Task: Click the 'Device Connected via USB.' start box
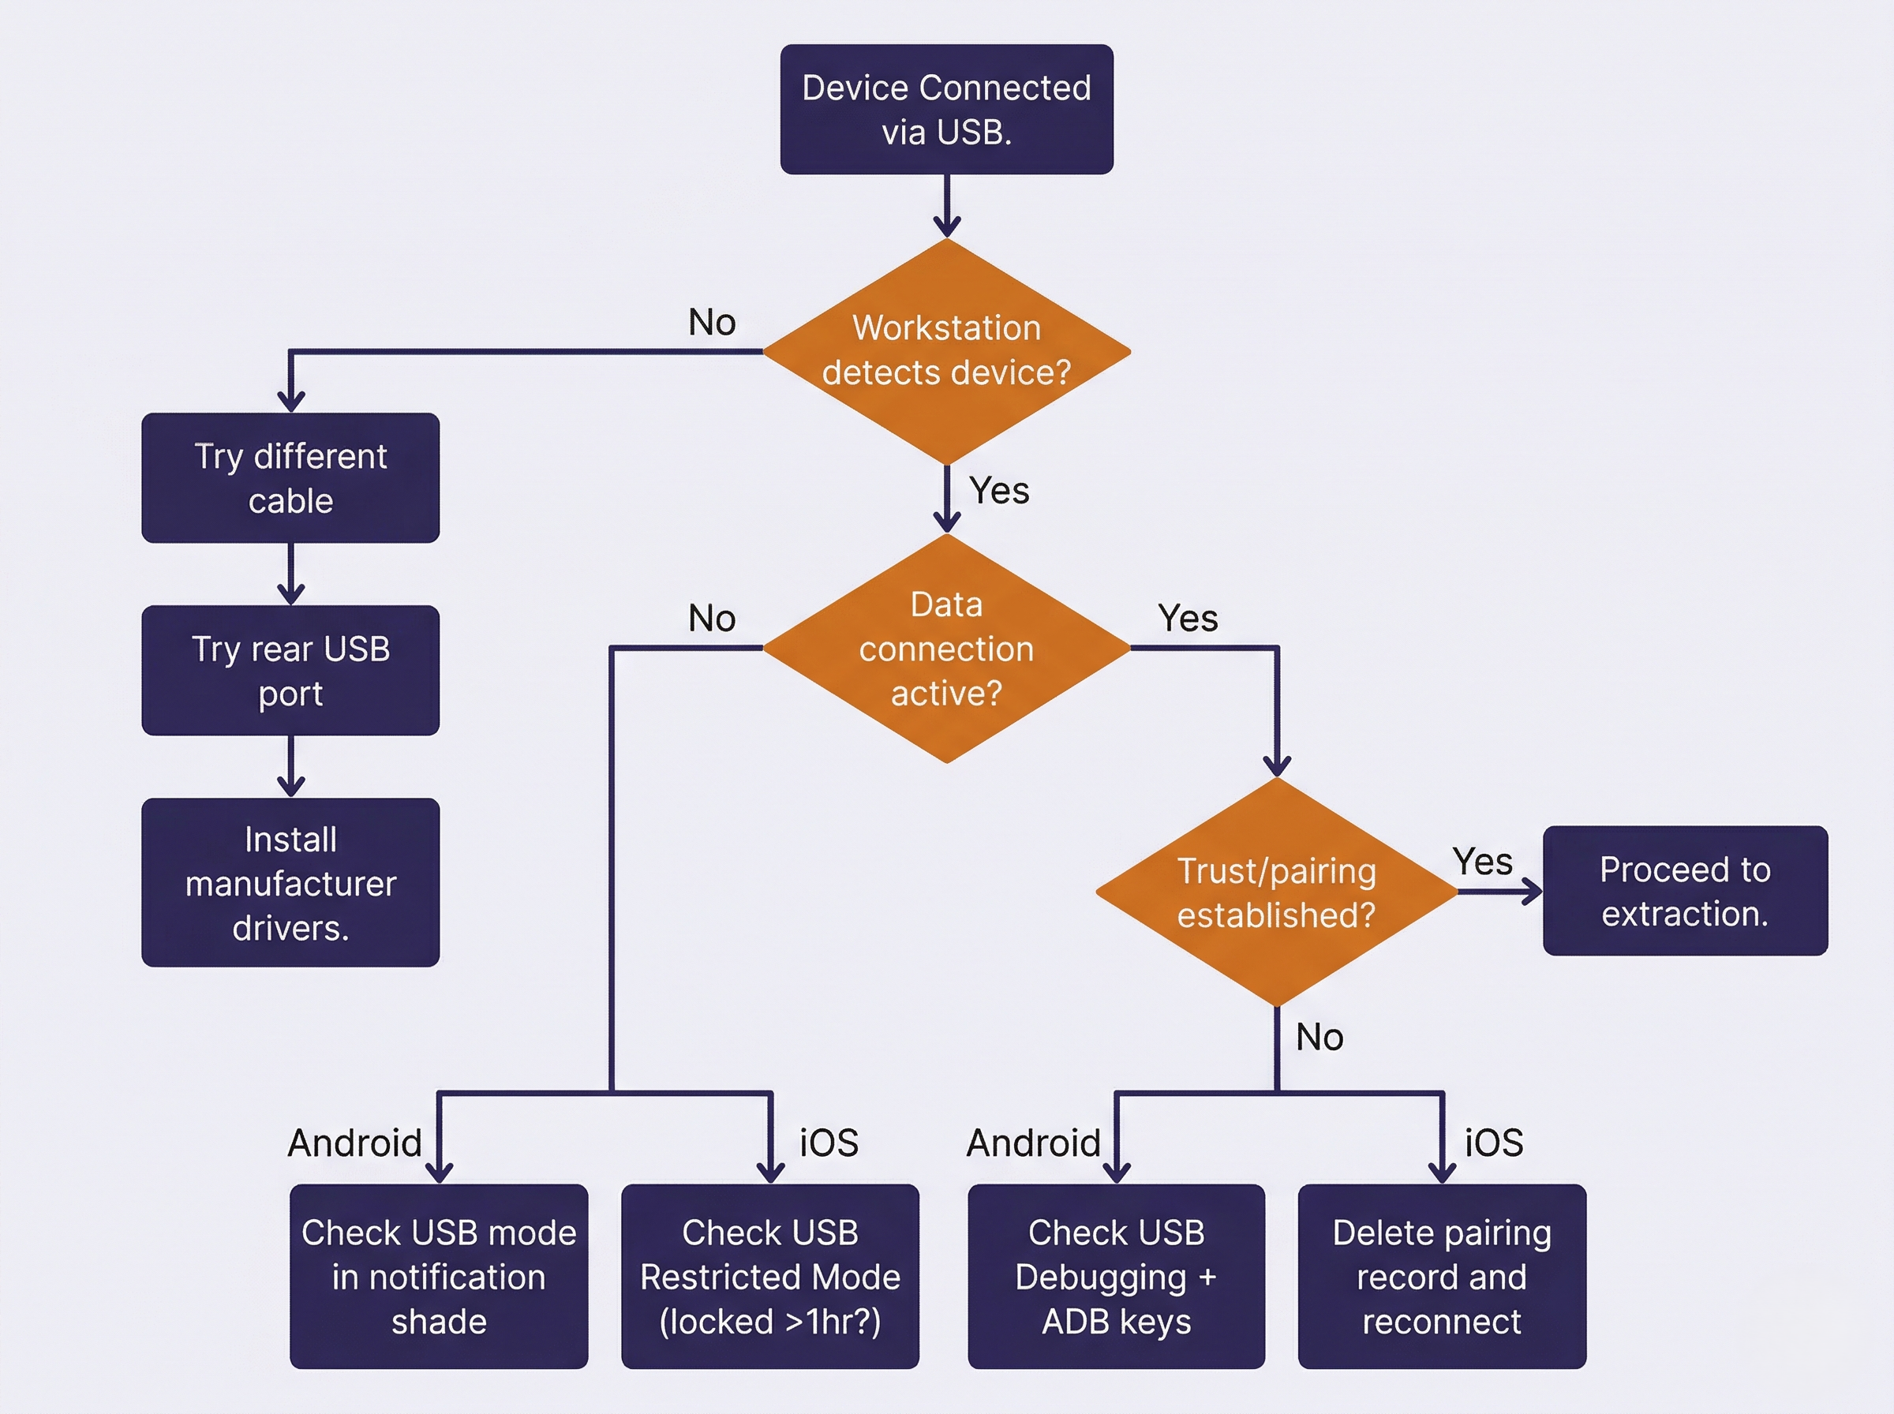coord(946,110)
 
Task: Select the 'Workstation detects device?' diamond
coord(946,351)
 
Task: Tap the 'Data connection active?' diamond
coord(946,648)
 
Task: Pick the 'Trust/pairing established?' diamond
coord(1276,892)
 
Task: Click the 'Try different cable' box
coord(290,477)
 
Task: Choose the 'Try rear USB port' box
coord(290,670)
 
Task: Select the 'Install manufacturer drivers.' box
coord(290,882)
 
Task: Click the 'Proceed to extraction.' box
coord(1684,891)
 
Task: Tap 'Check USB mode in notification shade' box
coord(438,1276)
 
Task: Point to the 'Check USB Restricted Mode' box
coord(769,1276)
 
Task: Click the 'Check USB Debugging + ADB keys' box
coord(1116,1276)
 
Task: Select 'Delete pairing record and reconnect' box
coord(1441,1276)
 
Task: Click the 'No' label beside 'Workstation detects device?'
coord(711,323)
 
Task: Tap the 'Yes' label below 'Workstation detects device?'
coord(999,492)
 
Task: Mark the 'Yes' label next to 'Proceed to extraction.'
coord(1482,862)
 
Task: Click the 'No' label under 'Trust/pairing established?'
coord(1319,1038)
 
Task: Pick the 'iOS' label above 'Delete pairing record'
coord(1493,1143)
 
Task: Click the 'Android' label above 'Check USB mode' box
coord(354,1143)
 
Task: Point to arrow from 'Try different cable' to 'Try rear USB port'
coord(291,574)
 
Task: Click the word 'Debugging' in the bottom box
coord(1101,1277)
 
